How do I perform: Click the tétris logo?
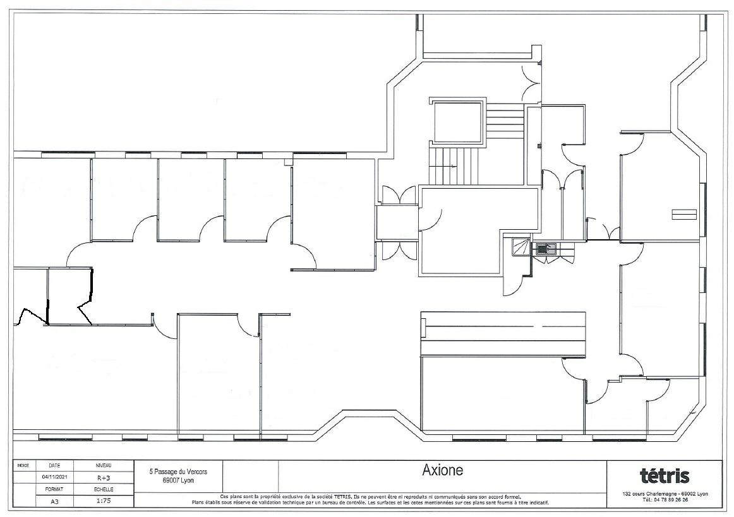(x=665, y=476)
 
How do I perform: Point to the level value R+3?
(x=104, y=478)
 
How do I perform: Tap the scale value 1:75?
(x=104, y=500)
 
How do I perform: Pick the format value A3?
(x=54, y=500)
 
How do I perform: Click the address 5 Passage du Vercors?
(x=178, y=472)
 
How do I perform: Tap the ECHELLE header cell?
(x=104, y=489)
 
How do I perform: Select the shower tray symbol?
(x=520, y=247)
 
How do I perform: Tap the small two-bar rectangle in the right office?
(x=684, y=214)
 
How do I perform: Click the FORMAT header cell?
(x=54, y=489)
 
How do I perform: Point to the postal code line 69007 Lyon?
(x=178, y=480)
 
